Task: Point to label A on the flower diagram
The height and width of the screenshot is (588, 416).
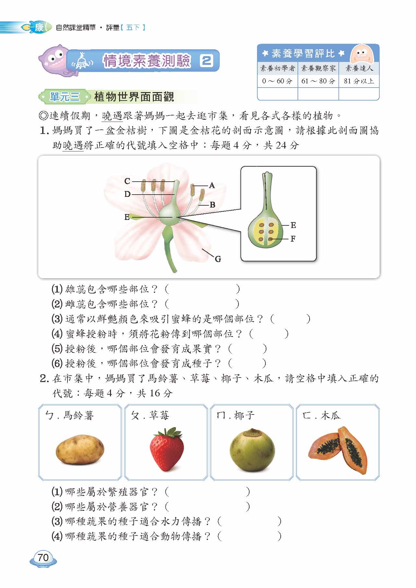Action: (x=212, y=186)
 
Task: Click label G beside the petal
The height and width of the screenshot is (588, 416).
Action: (x=218, y=259)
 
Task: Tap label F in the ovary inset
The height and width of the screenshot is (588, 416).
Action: (x=293, y=239)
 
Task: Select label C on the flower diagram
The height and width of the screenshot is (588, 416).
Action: (x=127, y=181)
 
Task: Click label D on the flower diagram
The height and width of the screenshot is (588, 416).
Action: (x=127, y=194)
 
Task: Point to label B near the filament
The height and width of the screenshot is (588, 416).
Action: (x=213, y=205)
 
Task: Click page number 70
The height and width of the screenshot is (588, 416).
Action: (x=43, y=558)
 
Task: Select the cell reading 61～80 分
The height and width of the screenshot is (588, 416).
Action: (x=318, y=81)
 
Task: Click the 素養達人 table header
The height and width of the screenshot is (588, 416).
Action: (x=359, y=68)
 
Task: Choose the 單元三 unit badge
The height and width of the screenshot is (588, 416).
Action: (x=64, y=97)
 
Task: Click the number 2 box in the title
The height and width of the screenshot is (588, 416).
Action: (x=206, y=61)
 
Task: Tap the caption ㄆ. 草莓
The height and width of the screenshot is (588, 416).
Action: (x=150, y=415)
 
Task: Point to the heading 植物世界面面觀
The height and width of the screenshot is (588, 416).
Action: (x=134, y=97)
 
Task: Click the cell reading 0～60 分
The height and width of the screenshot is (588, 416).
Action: (x=277, y=81)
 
